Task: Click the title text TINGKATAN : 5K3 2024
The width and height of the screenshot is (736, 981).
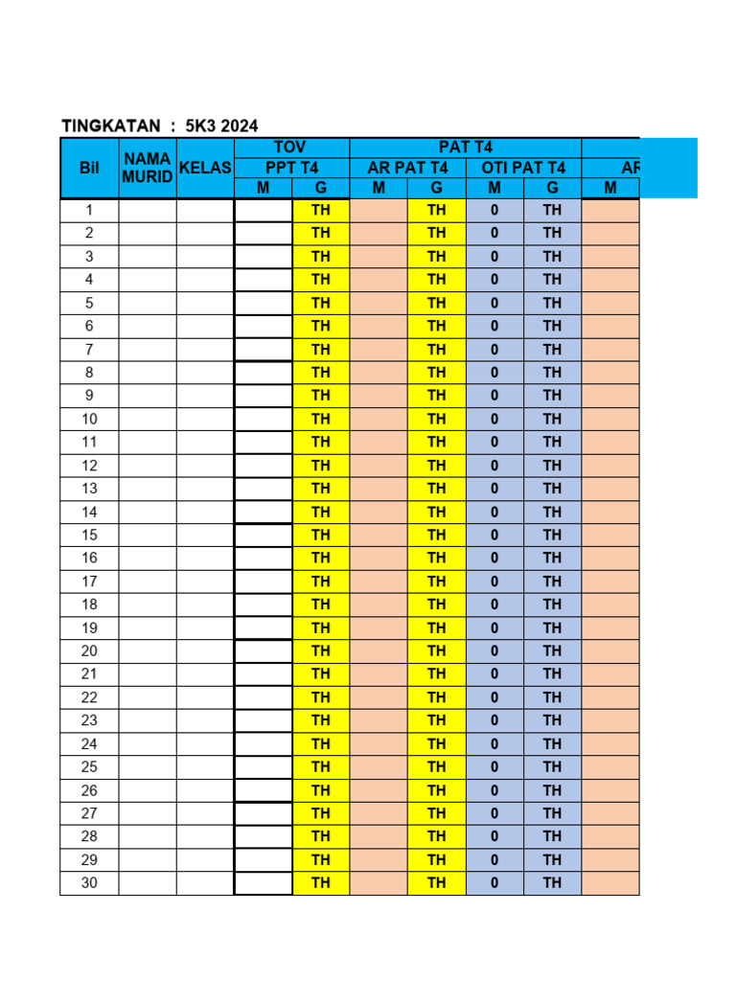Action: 159,125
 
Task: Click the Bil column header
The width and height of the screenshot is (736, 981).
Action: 89,168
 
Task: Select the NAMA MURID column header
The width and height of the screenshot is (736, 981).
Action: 147,168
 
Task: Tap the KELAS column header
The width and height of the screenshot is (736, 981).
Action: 205,168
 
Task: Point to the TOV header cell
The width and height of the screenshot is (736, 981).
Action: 291,147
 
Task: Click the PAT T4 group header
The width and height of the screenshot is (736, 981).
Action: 466,147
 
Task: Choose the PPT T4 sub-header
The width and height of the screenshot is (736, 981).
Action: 291,168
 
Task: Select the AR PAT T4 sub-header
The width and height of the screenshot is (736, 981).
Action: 407,168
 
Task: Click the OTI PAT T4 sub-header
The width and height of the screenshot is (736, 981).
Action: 523,168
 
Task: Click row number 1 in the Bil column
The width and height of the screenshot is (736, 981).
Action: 89,210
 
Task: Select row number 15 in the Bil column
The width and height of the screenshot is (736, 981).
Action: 89,535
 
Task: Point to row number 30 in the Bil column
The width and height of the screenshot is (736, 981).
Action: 89,882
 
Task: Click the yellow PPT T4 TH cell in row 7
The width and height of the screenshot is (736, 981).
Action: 321,349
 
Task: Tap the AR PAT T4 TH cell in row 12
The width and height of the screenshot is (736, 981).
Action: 437,465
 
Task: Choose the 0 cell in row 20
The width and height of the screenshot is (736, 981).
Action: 494,650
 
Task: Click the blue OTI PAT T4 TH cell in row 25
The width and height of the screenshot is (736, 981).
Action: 552,766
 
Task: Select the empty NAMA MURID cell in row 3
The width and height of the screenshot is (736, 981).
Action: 147,256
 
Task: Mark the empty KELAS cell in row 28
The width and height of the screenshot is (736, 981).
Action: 205,836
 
